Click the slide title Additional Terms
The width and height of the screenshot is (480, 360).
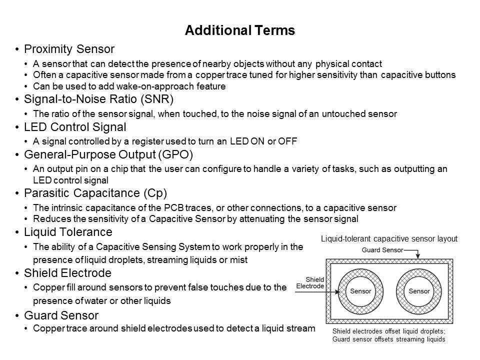239,31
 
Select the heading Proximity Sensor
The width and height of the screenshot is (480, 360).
69,49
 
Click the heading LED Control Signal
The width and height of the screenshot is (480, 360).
75,126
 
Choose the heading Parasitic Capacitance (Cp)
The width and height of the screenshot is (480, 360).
95,192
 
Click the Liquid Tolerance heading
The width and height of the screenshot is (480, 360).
68,232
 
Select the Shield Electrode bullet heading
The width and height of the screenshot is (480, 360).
67,273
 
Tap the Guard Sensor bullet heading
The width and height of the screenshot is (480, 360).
61,315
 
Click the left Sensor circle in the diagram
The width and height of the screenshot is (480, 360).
360,291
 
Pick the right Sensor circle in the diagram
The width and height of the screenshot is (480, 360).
419,291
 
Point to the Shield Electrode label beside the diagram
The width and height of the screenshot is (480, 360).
310,283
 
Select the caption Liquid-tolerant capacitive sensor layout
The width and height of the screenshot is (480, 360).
389,239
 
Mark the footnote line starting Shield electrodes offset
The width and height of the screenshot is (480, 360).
388,331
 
